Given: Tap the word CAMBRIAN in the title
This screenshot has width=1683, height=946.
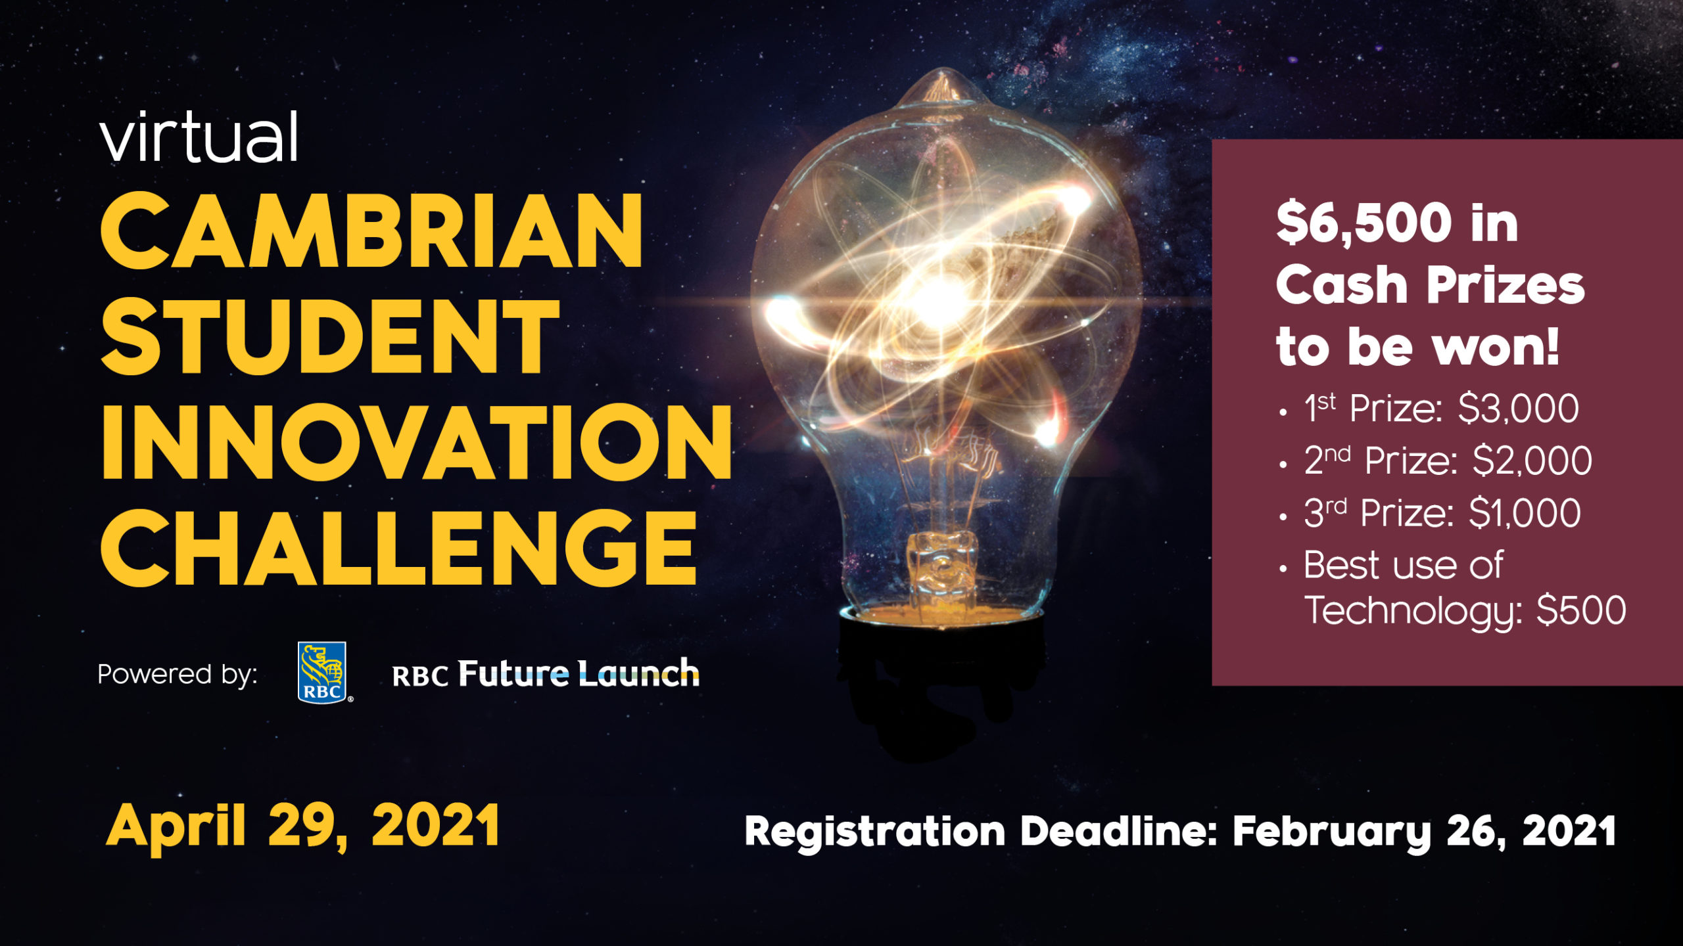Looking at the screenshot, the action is click(x=371, y=231).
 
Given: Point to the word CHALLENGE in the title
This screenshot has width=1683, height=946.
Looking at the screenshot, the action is click(x=398, y=547).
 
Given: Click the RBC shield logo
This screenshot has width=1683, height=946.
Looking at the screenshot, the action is click(x=322, y=672).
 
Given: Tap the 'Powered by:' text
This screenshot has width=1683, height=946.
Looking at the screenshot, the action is click(x=177, y=675).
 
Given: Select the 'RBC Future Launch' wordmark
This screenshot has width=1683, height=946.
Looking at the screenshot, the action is click(x=546, y=674).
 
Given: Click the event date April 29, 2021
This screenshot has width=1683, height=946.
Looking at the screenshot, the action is click(x=303, y=826).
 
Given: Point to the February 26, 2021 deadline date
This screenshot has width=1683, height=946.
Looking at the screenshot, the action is click(x=1424, y=832).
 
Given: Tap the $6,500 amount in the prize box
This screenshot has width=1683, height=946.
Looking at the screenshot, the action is click(x=1363, y=223).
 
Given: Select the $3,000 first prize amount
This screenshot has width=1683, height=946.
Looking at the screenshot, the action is click(x=1518, y=409).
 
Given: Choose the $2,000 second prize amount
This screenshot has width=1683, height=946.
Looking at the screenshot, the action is click(x=1532, y=461).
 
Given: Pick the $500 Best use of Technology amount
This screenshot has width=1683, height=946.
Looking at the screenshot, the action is click(x=1581, y=610).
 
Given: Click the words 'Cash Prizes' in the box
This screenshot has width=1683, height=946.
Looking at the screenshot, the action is click(x=1431, y=285).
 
